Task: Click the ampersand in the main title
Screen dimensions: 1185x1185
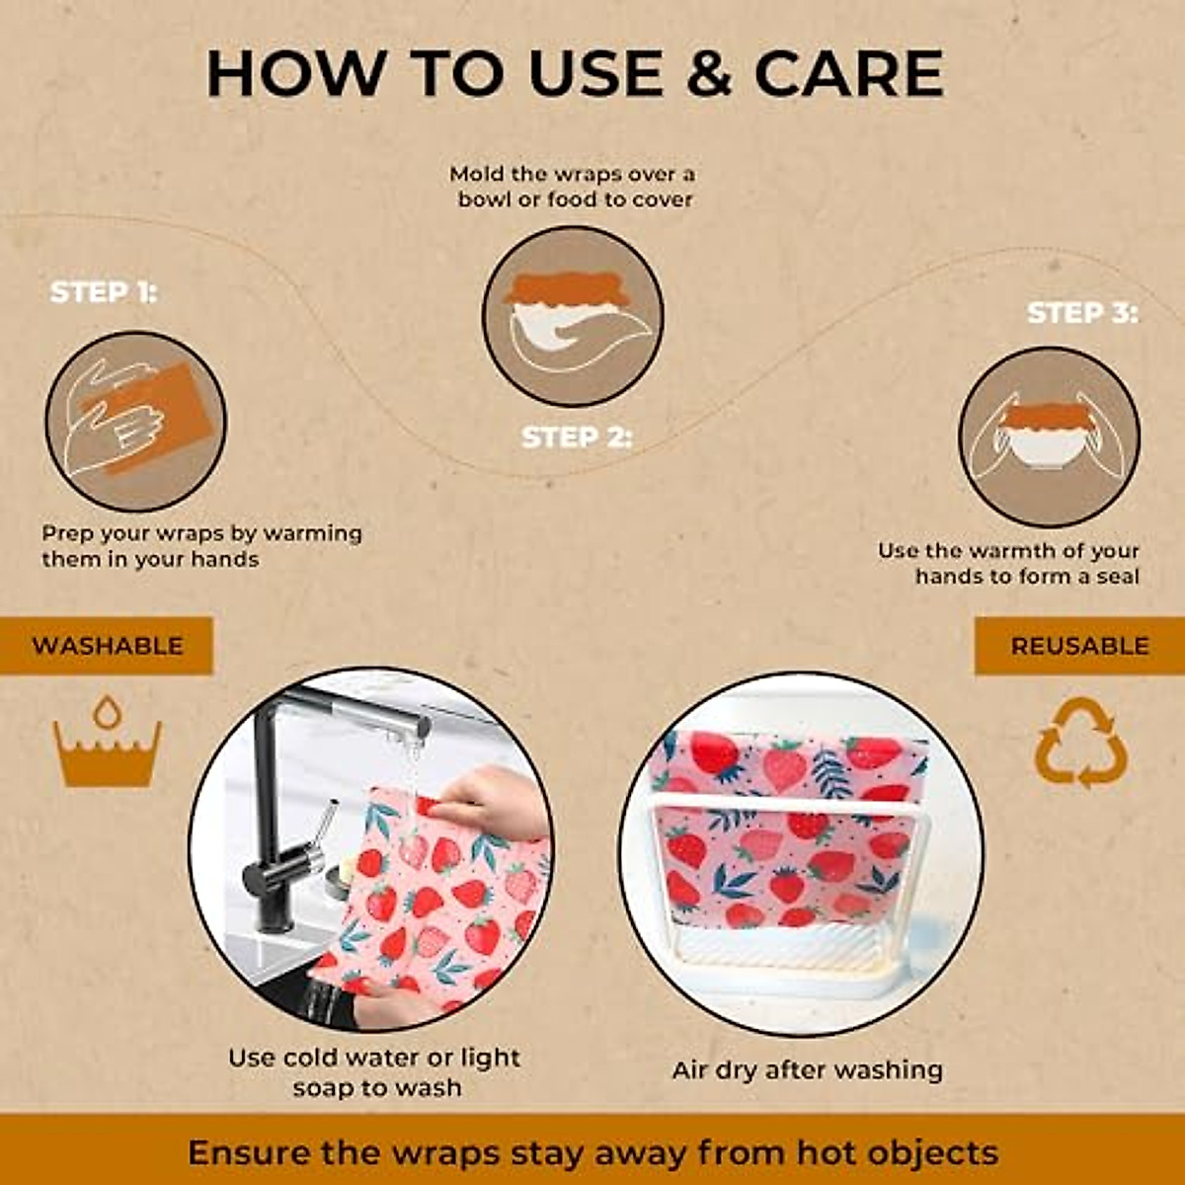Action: (x=708, y=74)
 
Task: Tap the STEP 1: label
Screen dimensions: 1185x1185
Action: (x=104, y=292)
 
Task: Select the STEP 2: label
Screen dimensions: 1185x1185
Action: (x=576, y=437)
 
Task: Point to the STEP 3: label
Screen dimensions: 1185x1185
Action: (x=1082, y=313)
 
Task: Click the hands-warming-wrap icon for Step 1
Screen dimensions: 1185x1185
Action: (x=136, y=422)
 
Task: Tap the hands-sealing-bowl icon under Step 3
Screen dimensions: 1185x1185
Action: (x=1050, y=436)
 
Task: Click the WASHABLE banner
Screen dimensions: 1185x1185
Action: (x=107, y=646)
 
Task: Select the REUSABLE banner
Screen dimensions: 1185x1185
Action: (x=1079, y=646)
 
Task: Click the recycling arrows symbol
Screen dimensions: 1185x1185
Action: (x=1080, y=743)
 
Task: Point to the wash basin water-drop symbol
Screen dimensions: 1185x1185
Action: (x=107, y=742)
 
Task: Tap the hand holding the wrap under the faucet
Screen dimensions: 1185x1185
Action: (x=494, y=800)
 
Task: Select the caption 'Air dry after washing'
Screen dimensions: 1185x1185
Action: (x=807, y=1070)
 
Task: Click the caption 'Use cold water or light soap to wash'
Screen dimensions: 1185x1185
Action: (x=374, y=1072)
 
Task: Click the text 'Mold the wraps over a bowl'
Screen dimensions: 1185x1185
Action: (x=573, y=187)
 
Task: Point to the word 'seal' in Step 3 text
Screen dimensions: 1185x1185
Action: (x=1117, y=577)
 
